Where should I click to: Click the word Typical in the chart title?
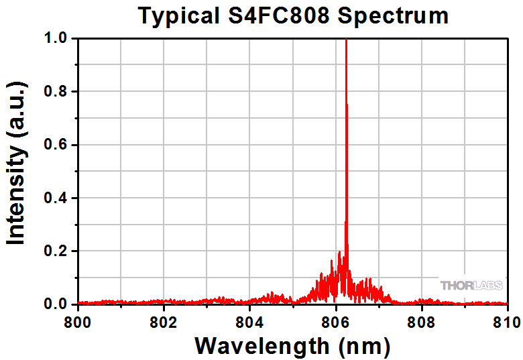point(178,15)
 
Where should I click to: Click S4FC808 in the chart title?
point(279,15)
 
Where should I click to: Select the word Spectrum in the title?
point(393,15)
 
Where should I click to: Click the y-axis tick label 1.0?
point(56,39)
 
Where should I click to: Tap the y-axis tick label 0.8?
point(56,92)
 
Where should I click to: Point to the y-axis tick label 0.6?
point(56,145)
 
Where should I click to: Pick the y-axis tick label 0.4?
point(56,198)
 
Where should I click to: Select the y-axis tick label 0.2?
point(56,251)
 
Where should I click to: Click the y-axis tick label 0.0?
point(56,304)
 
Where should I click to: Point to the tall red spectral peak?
point(346,134)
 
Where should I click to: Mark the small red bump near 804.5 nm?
point(272,295)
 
